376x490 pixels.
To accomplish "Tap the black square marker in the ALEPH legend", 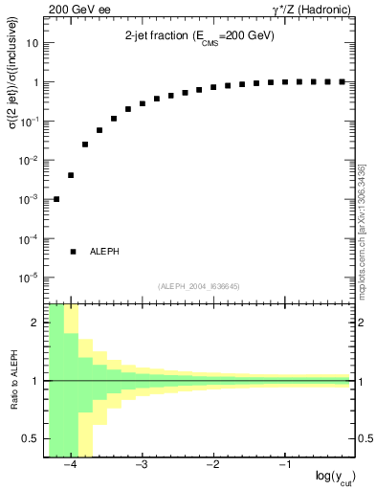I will coord(73,251).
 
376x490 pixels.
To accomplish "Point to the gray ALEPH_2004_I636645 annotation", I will coord(198,286).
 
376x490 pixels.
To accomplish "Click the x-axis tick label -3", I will coord(141,465).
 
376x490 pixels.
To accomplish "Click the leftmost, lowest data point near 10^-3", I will coord(56,199).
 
